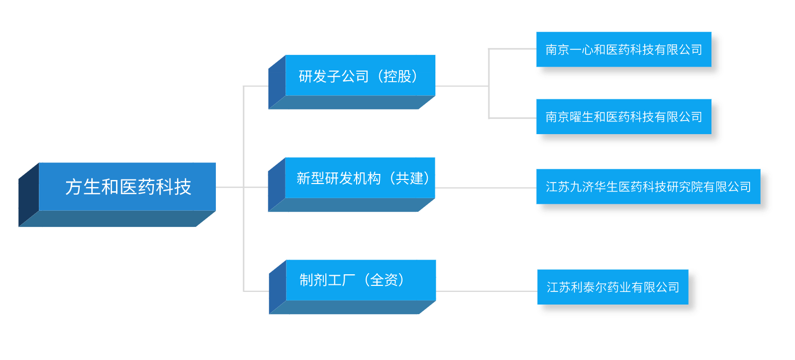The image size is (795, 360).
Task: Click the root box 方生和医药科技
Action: pos(127,187)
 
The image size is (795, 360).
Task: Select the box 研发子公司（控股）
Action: pos(360,76)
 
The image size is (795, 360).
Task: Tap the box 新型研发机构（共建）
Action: pos(360,178)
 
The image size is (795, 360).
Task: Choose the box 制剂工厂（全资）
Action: pos(360,280)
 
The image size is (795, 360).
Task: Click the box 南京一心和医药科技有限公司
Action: pos(624,49)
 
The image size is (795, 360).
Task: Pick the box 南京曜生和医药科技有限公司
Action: pos(624,116)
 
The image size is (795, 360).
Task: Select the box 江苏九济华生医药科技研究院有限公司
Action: pos(648,187)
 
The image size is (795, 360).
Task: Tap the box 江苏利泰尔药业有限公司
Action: pos(613,287)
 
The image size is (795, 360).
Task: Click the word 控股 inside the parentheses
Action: pos(397,76)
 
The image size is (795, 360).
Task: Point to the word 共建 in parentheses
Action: pos(409,178)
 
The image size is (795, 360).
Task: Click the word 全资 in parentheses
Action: pos(384,280)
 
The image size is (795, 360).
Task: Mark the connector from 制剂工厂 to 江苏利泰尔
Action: pos(486,291)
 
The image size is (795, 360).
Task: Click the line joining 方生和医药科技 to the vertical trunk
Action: pos(230,187)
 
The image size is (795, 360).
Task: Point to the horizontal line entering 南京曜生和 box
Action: pos(512,118)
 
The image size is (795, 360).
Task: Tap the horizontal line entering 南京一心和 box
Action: pos(512,49)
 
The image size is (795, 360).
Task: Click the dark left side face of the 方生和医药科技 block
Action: pos(28,195)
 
